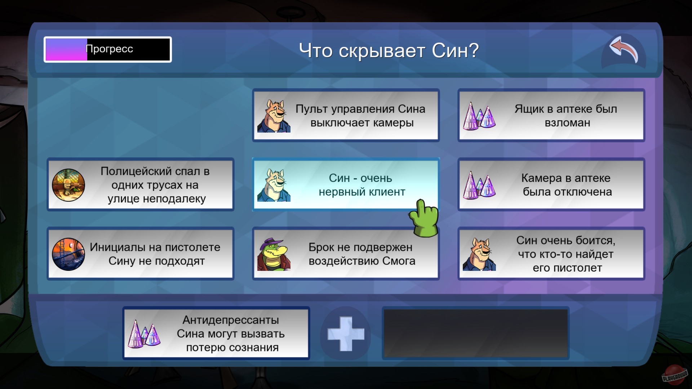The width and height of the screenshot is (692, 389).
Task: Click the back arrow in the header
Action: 624,50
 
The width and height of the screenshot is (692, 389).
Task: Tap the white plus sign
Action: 346,334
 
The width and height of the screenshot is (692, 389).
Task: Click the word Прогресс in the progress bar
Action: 110,49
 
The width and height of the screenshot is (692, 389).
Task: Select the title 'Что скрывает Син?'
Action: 389,50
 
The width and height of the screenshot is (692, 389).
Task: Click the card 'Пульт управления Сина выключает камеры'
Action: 346,115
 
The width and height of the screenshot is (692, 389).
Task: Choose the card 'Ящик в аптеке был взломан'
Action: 551,115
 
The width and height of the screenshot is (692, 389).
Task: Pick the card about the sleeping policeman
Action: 141,184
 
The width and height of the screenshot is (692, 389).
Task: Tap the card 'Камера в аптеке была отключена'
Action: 551,184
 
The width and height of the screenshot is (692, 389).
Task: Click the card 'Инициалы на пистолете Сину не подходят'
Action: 141,254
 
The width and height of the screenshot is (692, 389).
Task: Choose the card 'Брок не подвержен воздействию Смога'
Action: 346,254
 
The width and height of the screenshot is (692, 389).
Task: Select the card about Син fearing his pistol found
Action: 551,254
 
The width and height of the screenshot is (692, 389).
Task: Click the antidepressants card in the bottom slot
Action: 216,334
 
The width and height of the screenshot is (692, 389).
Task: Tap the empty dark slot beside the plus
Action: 475,334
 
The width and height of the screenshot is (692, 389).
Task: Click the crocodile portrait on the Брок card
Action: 274,254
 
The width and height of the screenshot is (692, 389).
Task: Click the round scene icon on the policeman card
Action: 68,185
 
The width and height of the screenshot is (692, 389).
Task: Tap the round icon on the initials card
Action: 68,254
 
